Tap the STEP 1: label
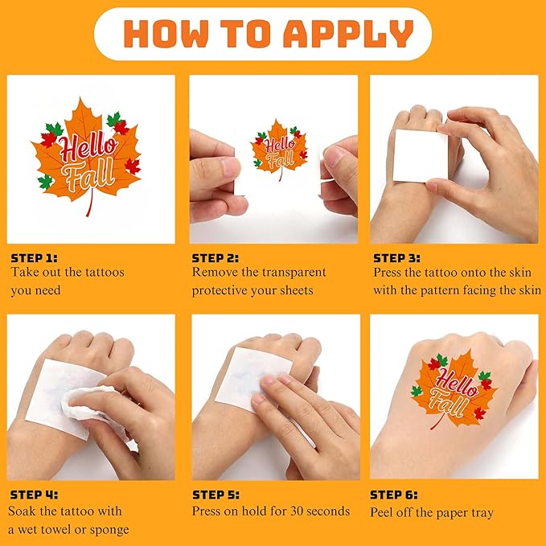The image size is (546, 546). (34, 258)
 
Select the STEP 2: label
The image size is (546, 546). (216, 258)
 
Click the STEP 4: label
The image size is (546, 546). (34, 495)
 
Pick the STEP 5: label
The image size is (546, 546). (216, 495)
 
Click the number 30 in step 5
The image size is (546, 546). (298, 511)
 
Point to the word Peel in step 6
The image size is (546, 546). (383, 511)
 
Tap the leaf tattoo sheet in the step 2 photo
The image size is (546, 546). (279, 150)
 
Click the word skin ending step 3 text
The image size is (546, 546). (528, 290)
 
